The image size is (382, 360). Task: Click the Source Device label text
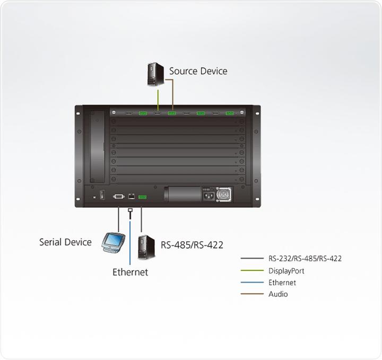(198, 71)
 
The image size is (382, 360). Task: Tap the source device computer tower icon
(155, 74)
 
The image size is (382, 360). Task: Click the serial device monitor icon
(113, 242)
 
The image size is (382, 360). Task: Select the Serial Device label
(65, 242)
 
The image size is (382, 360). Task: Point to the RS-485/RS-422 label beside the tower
(192, 245)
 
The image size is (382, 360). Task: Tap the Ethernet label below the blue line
(130, 273)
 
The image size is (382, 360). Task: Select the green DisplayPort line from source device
(158, 99)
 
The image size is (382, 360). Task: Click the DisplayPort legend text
(286, 271)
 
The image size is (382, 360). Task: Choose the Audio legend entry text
(278, 294)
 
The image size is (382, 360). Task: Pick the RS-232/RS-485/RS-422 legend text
(305, 259)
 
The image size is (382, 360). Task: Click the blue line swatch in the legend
(251, 283)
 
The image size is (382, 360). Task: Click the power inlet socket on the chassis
(208, 196)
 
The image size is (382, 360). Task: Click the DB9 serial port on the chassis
(118, 196)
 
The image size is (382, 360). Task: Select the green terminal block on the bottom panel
(142, 197)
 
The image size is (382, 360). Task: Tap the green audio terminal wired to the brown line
(172, 113)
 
